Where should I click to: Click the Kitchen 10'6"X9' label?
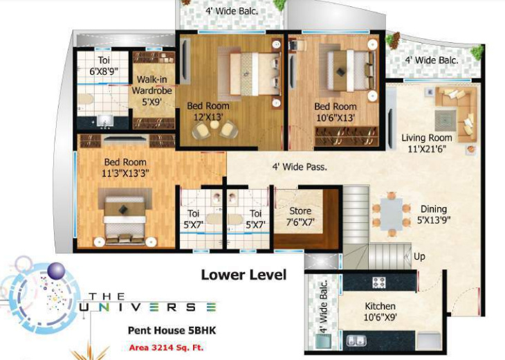point(380,312)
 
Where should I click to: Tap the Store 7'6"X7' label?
point(300,216)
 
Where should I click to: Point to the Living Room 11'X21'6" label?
point(427,143)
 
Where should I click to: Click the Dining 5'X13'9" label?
point(433,215)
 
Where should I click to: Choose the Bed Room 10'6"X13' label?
point(336,112)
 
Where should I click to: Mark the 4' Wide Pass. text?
point(300,166)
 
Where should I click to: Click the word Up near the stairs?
point(419,256)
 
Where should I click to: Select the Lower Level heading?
point(244,275)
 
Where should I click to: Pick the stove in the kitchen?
point(380,282)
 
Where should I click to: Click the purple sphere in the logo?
point(57,271)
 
